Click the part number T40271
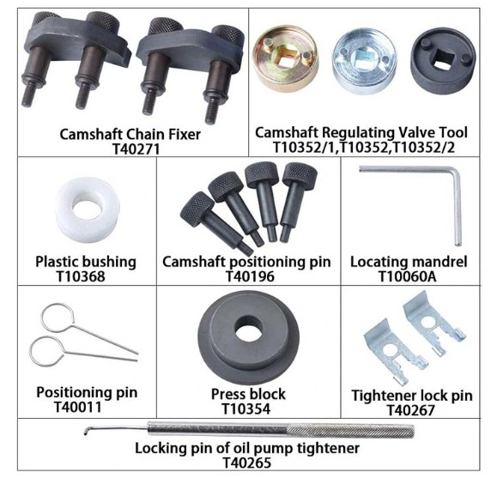point(136,148)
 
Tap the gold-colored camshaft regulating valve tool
point(286,57)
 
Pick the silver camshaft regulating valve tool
point(365,61)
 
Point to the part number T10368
point(81,276)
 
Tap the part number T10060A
point(408,276)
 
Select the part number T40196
point(250,276)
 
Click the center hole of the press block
point(248,329)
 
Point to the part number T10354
point(245,408)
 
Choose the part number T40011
point(78,407)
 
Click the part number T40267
point(410,410)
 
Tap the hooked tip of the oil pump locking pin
point(86,432)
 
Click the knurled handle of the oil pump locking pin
point(351,432)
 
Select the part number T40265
point(246,463)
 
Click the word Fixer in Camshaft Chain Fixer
point(185,135)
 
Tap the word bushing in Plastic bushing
point(109,263)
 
